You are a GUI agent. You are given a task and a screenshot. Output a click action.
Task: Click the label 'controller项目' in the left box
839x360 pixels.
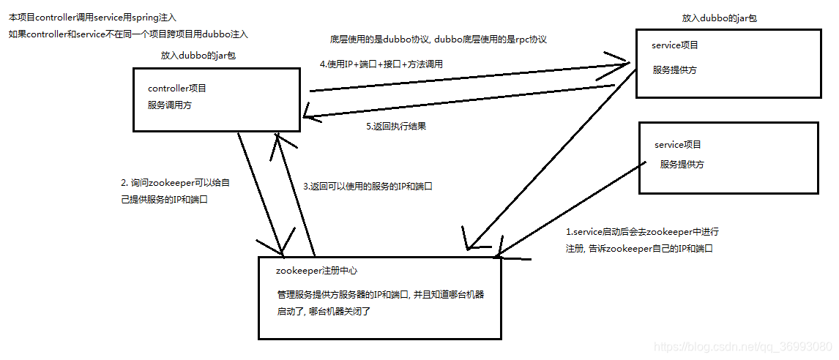click(177, 88)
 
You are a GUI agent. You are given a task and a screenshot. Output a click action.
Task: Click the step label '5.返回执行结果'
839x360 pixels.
click(395, 126)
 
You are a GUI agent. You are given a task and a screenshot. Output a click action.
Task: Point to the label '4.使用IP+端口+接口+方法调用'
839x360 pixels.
click(381, 64)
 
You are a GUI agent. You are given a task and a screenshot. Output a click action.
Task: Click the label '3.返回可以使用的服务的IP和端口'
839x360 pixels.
click(368, 186)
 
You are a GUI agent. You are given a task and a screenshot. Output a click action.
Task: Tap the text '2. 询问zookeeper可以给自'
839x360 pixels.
click(176, 182)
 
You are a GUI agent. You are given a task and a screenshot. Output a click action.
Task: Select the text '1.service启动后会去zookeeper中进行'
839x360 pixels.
click(642, 231)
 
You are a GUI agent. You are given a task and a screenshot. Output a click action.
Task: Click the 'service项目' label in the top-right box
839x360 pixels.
click(674, 45)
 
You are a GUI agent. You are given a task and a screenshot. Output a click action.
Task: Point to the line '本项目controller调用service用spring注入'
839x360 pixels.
click(93, 16)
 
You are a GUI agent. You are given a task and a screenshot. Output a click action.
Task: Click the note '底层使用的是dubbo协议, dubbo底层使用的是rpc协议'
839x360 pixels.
click(439, 40)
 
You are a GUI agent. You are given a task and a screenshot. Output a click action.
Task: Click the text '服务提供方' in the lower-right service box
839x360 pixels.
click(682, 165)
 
